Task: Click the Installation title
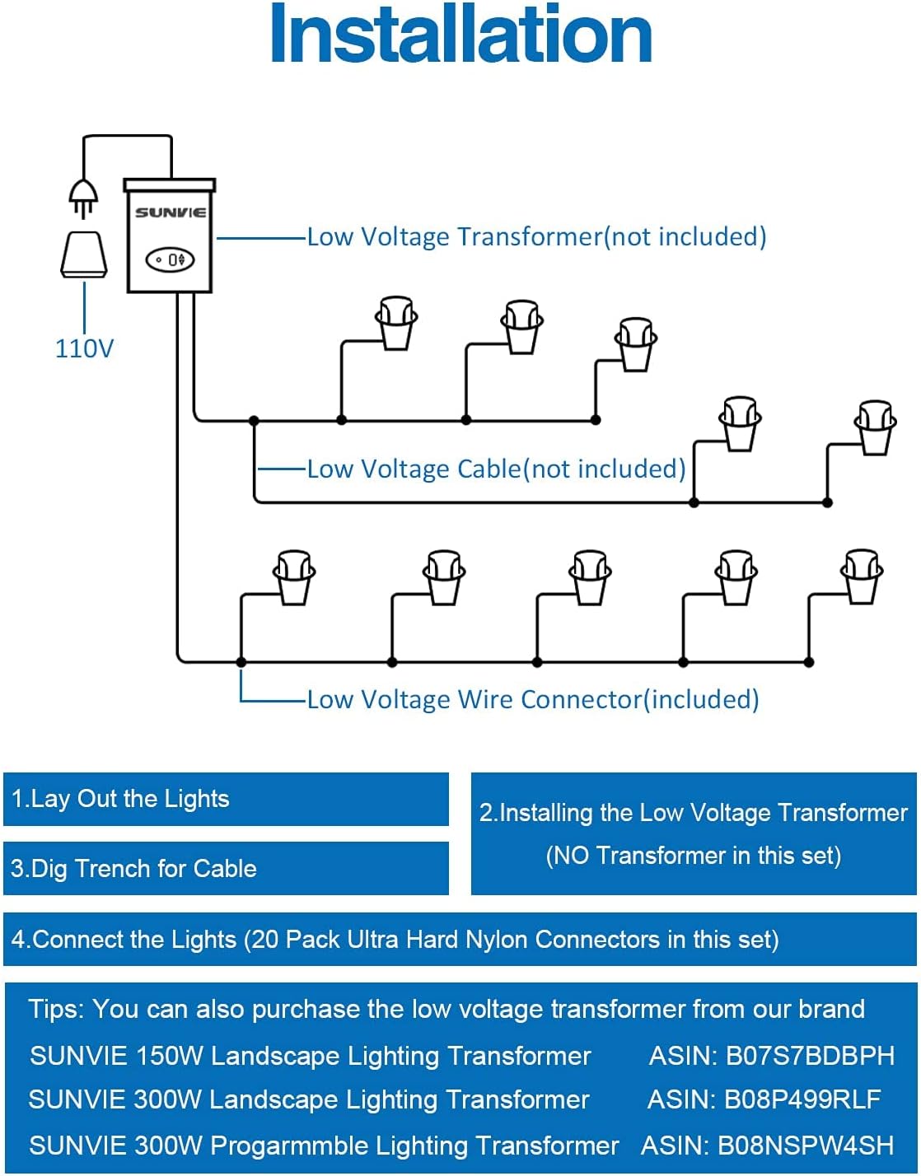click(460, 35)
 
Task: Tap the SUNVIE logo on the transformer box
click(171, 212)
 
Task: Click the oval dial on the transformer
click(170, 260)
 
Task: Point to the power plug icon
click(82, 198)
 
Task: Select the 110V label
click(84, 348)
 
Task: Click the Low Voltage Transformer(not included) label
click(536, 237)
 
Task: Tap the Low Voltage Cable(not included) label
click(496, 469)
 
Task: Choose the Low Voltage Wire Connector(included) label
click(533, 700)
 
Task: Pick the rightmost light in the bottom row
click(862, 576)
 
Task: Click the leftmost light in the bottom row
click(294, 576)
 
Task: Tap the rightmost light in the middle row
click(875, 427)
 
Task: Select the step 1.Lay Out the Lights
click(120, 799)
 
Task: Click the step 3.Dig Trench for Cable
click(133, 869)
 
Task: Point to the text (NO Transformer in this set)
click(693, 856)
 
